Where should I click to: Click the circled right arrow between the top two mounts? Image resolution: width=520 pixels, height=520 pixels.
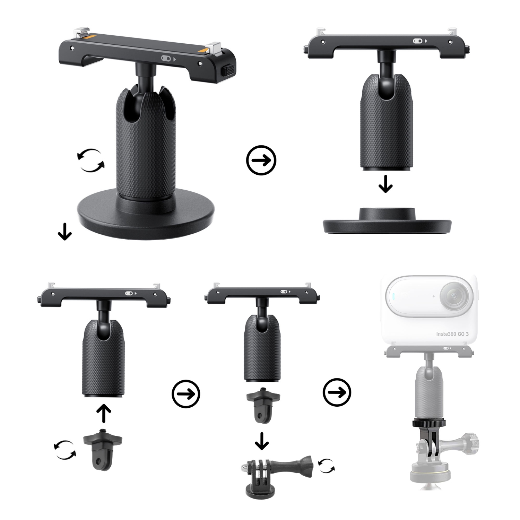[261, 160]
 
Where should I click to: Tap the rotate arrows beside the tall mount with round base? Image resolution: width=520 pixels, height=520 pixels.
[91, 161]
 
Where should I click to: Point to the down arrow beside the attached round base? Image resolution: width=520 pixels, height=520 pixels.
[65, 232]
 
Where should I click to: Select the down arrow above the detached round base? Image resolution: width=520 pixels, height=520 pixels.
[385, 184]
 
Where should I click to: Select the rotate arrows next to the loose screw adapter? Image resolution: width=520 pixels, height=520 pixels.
[65, 450]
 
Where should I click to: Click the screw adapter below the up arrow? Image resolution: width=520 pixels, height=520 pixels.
[102, 449]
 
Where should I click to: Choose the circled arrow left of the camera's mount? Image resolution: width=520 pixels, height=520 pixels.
[337, 392]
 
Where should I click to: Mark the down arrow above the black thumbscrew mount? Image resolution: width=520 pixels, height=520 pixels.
[262, 441]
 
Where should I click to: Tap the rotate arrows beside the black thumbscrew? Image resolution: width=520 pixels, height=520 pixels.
[327, 466]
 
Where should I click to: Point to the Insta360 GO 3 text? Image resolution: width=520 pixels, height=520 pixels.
[452, 334]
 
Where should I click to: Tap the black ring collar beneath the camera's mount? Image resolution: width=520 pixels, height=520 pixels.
[428, 423]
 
